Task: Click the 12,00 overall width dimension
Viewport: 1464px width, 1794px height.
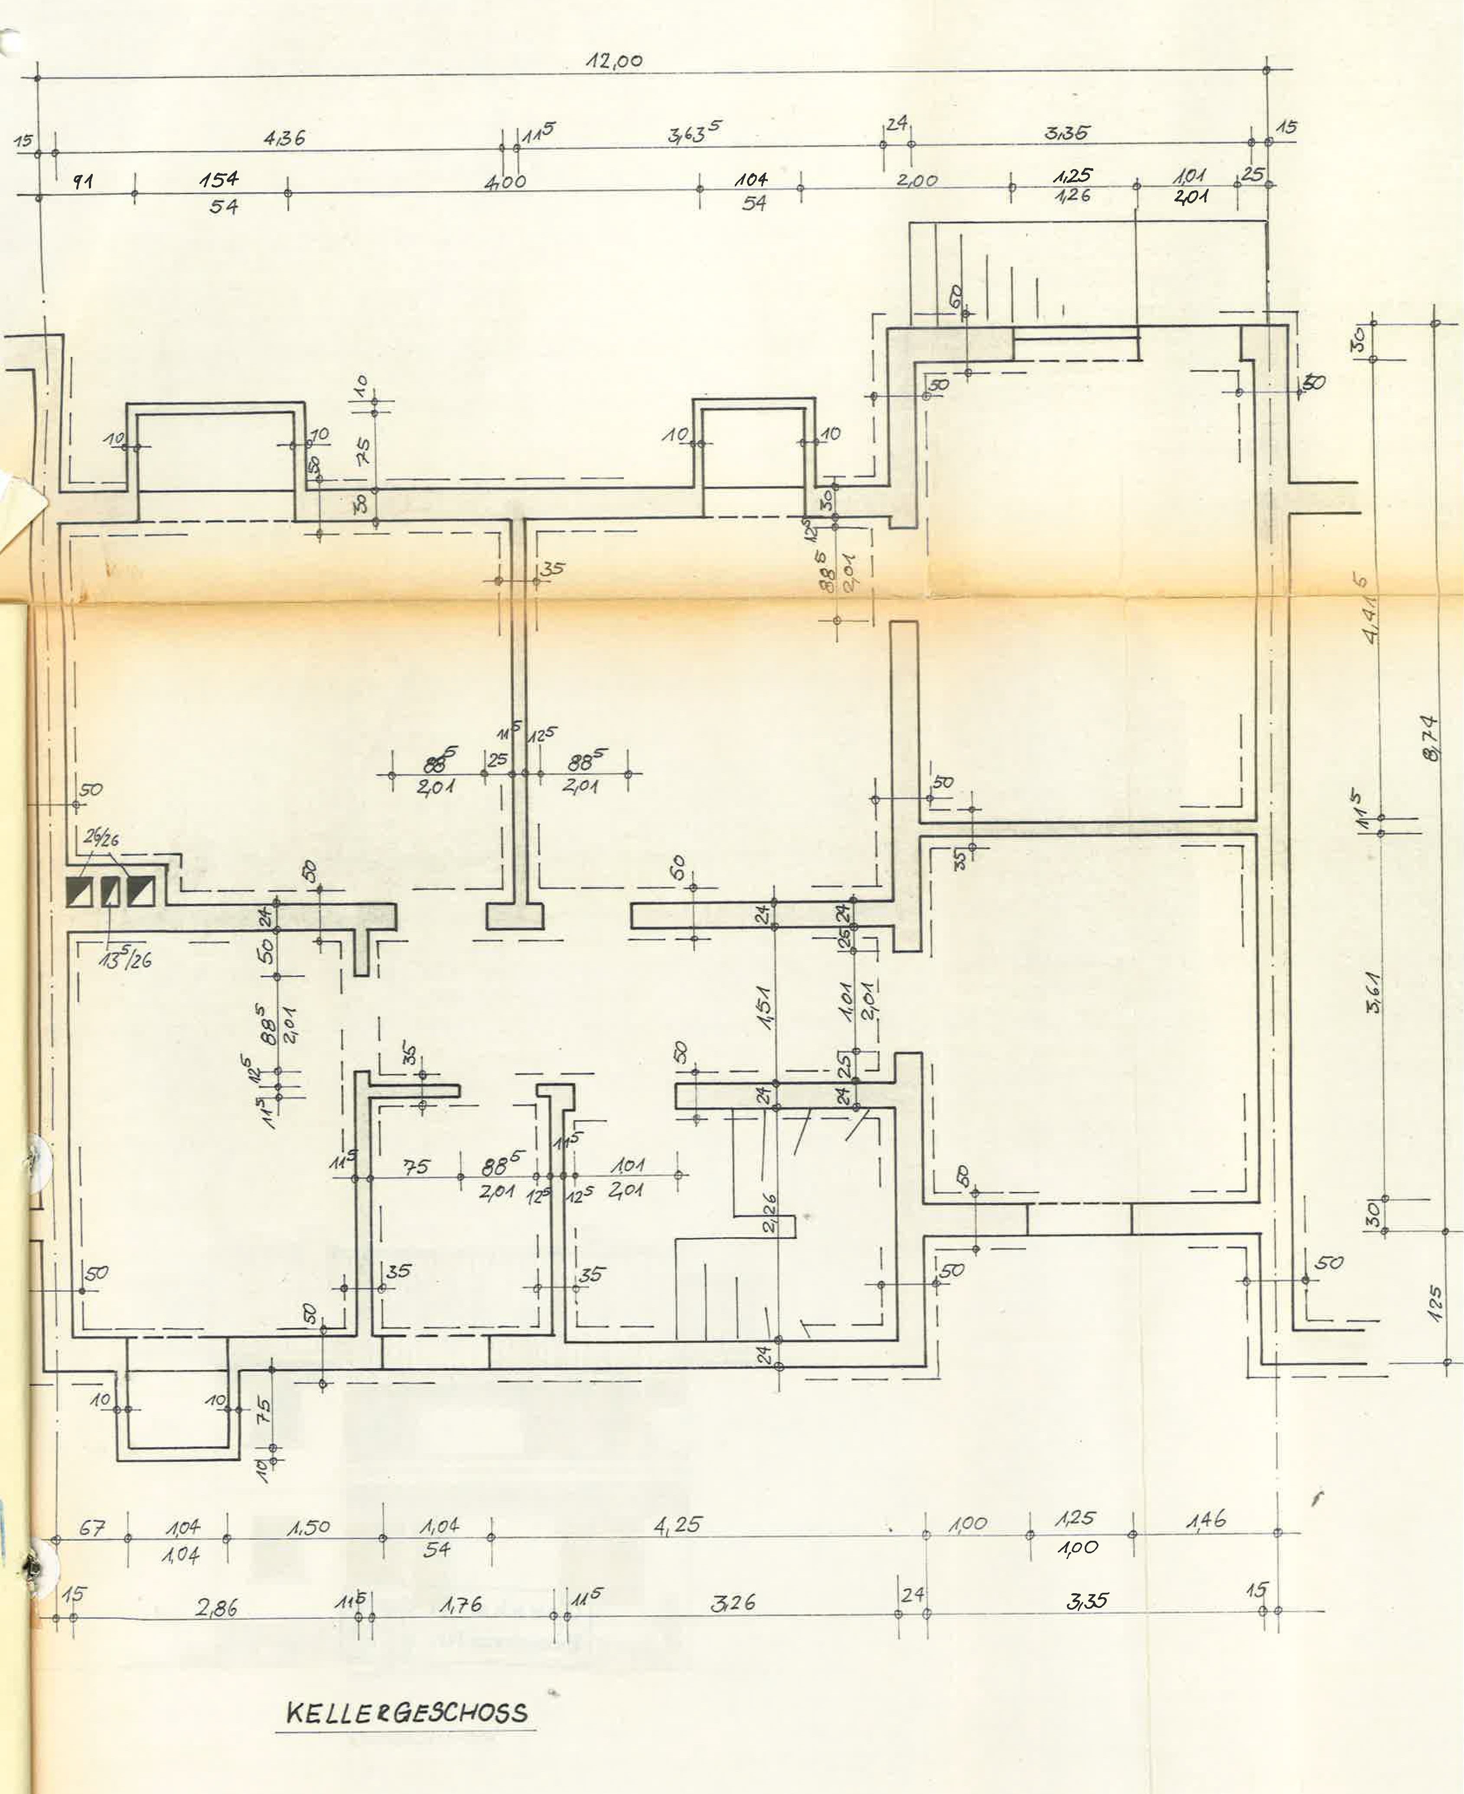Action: pos(615,62)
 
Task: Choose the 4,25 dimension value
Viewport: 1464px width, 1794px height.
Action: pos(677,1525)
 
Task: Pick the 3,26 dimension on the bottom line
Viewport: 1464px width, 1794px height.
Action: pos(732,1602)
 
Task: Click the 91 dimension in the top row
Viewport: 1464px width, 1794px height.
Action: pos(83,180)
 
